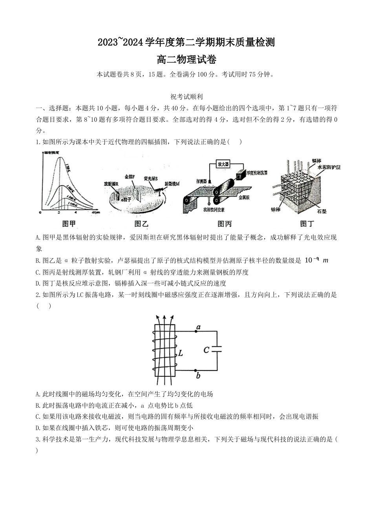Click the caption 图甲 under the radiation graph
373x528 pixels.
69,224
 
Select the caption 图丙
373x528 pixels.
224,224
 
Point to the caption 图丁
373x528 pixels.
307,224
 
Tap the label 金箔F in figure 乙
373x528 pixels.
129,177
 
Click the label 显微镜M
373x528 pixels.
172,183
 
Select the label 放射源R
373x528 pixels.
111,183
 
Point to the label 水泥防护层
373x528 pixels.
328,167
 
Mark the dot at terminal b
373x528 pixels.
196,370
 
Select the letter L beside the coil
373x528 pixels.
180,353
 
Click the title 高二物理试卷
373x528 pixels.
186,60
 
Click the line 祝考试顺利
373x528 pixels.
186,97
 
